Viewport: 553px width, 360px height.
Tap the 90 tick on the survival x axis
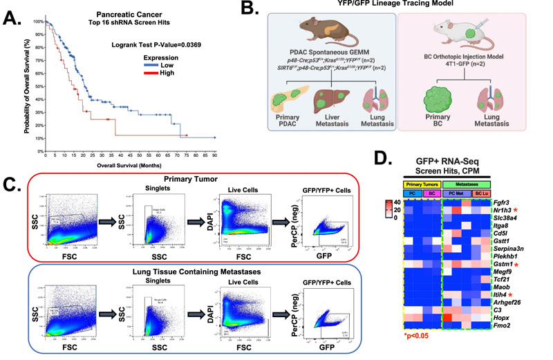click(214, 156)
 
